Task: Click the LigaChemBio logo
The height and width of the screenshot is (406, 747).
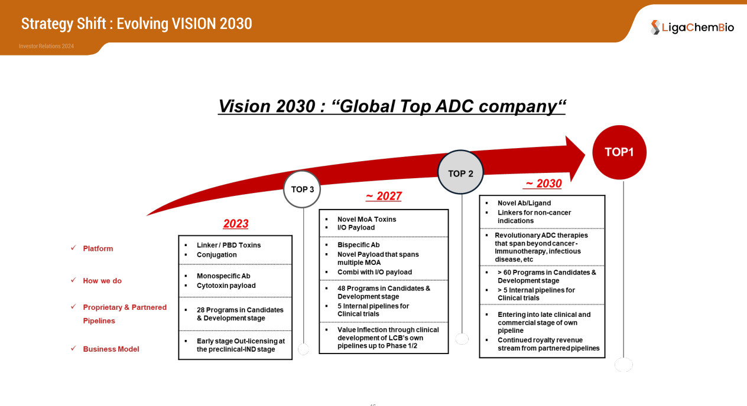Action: (692, 27)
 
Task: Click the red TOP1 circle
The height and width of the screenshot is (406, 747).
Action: (619, 152)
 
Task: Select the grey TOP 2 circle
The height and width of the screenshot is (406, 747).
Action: (460, 172)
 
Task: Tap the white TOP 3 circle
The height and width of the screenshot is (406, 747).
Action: (302, 189)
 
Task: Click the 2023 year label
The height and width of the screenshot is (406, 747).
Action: (236, 224)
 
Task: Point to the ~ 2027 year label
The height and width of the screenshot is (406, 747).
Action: (384, 196)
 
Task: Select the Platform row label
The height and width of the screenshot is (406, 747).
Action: (98, 248)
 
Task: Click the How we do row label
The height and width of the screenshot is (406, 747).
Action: (102, 281)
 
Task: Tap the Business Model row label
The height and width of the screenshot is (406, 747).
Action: (111, 349)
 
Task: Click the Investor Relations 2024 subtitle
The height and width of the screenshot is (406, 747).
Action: (46, 46)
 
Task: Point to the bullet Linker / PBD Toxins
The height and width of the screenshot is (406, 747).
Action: (229, 245)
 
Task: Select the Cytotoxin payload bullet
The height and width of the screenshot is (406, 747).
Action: (226, 286)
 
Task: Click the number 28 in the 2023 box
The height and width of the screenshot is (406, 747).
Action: (200, 310)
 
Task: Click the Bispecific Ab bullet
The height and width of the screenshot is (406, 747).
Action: (358, 245)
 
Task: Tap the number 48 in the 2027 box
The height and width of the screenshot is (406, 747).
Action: (341, 289)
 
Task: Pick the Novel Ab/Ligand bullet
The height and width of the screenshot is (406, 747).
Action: (524, 203)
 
